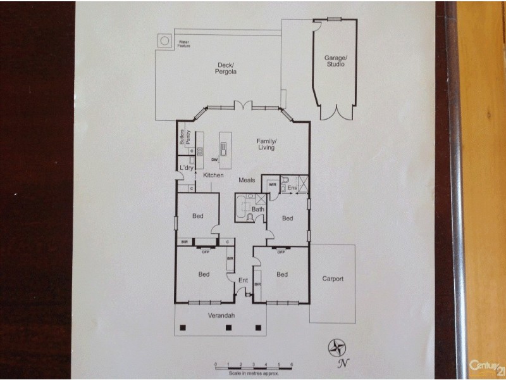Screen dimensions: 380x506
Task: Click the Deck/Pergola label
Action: click(x=226, y=68)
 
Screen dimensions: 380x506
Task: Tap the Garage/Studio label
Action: click(x=335, y=61)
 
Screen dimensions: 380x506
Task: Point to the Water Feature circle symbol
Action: click(x=165, y=41)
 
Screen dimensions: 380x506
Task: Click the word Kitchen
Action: click(x=213, y=175)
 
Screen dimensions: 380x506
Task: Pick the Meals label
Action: click(x=247, y=180)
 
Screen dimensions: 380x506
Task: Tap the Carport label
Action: click(x=333, y=279)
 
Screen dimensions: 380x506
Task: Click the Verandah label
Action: click(x=221, y=315)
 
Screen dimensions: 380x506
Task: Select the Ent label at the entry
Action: click(x=242, y=280)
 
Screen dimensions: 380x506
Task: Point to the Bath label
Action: click(x=257, y=209)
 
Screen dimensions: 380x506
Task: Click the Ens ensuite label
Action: click(x=292, y=188)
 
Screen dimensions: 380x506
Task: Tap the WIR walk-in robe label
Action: click(x=273, y=185)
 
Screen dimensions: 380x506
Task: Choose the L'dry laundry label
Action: click(x=186, y=167)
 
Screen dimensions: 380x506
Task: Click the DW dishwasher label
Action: click(x=215, y=160)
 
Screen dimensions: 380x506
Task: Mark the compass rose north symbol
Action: click(x=336, y=347)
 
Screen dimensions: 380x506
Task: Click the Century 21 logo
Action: click(x=486, y=365)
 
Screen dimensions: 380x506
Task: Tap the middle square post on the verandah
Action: click(x=229, y=327)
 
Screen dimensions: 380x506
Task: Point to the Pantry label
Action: click(x=188, y=139)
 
